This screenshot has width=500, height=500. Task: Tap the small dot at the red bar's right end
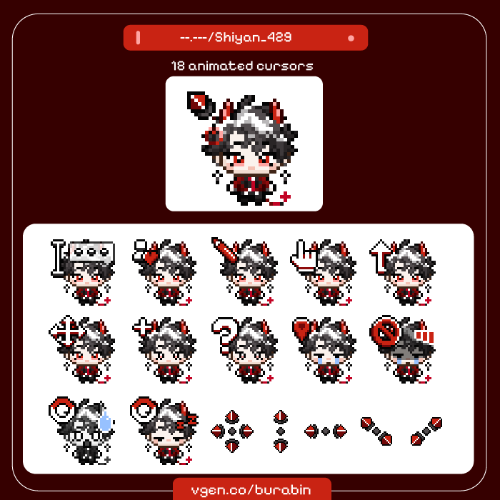click(351, 38)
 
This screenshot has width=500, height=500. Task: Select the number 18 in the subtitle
click(178, 66)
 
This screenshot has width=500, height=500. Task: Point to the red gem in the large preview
click(196, 101)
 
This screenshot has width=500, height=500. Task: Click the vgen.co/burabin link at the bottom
click(252, 491)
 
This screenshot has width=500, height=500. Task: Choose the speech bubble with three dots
click(96, 251)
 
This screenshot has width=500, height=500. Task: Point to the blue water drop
click(106, 421)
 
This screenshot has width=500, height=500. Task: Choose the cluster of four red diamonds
click(231, 431)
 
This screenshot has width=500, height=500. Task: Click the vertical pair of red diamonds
click(281, 431)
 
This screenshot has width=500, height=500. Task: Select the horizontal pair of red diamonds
click(326, 431)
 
